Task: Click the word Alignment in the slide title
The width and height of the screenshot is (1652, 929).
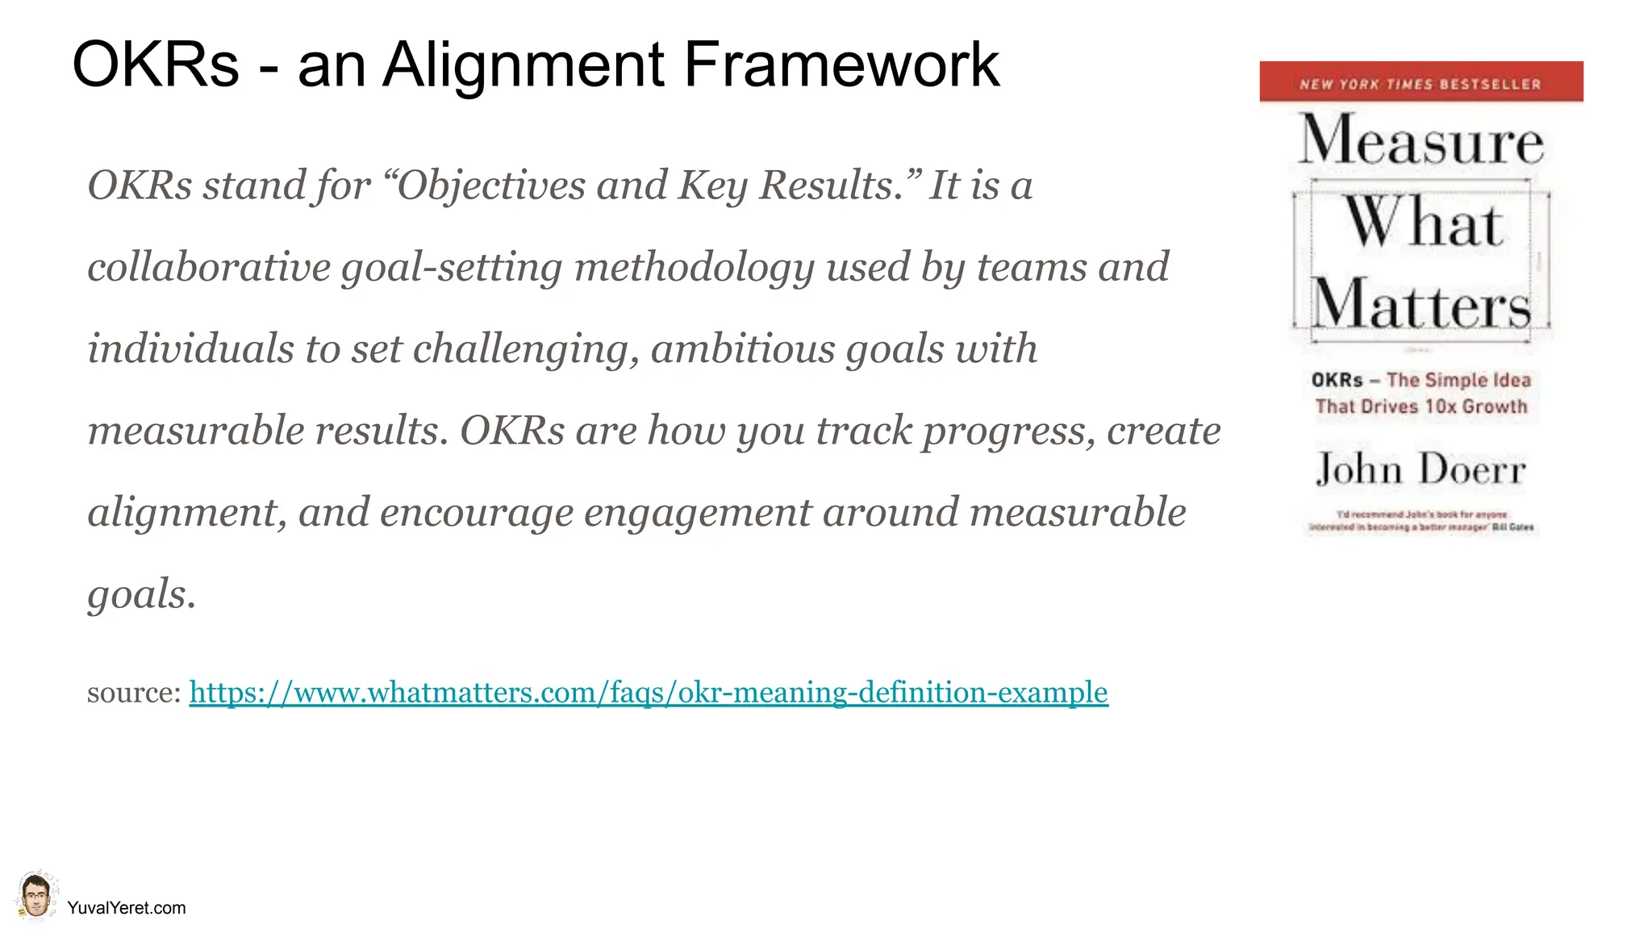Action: coord(524,65)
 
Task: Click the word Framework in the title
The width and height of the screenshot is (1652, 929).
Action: coord(841,65)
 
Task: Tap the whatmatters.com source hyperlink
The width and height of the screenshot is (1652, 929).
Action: coord(649,692)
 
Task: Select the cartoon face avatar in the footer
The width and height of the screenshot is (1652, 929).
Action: coord(35,897)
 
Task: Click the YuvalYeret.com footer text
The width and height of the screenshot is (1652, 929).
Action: coord(127,908)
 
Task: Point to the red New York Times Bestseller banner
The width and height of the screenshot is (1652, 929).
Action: coord(1420,82)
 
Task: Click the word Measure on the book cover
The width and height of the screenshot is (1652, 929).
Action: coord(1420,141)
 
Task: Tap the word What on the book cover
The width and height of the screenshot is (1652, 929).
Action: coord(1423,223)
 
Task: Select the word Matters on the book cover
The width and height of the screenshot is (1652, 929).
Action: coord(1420,305)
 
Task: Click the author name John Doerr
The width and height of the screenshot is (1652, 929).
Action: coord(1420,469)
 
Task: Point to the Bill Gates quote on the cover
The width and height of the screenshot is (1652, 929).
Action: coord(1420,521)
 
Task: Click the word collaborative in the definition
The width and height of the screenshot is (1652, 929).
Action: coord(208,268)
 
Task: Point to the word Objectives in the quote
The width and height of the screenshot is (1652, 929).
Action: coord(490,186)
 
